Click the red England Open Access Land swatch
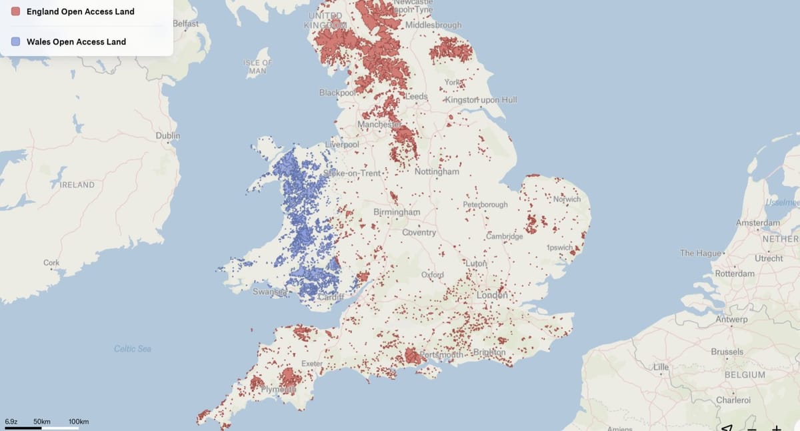click(15, 11)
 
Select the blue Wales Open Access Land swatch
click(15, 41)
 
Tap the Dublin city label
click(167, 135)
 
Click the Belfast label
click(185, 23)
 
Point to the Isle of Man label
click(257, 66)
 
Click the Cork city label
click(51, 263)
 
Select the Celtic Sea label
click(133, 349)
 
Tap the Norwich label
click(567, 199)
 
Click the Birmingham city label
click(397, 212)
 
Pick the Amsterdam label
click(758, 222)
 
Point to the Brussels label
click(727, 352)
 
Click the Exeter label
click(312, 364)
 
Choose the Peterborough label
click(485, 204)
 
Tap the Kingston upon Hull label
click(482, 100)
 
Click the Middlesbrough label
click(433, 25)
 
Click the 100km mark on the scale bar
click(79, 422)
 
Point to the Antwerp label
click(731, 320)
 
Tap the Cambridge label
click(504, 237)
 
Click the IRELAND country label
click(77, 185)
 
